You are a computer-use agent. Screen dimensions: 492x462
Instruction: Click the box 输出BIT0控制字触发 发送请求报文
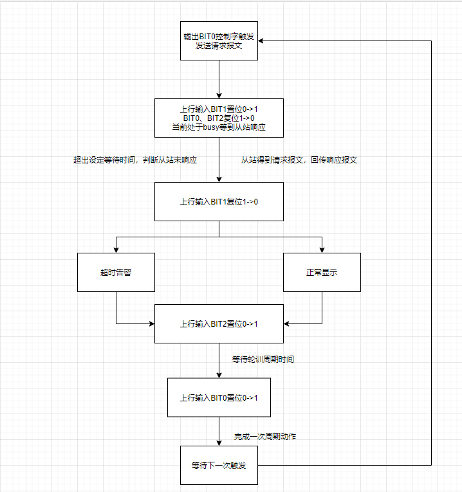click(219, 41)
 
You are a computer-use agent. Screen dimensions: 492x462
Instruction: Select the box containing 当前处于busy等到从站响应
click(219, 118)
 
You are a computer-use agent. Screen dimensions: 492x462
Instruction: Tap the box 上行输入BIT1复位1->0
click(219, 201)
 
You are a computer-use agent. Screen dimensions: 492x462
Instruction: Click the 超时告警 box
click(116, 272)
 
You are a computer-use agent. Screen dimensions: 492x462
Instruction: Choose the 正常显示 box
click(322, 272)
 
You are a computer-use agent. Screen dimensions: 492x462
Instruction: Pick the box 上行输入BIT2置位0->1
click(219, 323)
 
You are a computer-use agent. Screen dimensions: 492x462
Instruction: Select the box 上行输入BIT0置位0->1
click(219, 397)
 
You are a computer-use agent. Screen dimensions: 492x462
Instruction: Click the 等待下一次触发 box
click(219, 465)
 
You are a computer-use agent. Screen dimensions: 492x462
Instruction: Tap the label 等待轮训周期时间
click(263, 359)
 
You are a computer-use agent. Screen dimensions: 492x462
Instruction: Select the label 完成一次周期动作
click(265, 437)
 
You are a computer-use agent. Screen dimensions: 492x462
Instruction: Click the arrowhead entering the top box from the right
click(262, 41)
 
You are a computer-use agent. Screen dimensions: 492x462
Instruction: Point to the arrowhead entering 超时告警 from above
click(116, 249)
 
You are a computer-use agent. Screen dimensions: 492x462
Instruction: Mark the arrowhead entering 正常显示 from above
click(322, 249)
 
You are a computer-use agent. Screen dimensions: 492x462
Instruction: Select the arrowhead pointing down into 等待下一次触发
click(219, 442)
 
